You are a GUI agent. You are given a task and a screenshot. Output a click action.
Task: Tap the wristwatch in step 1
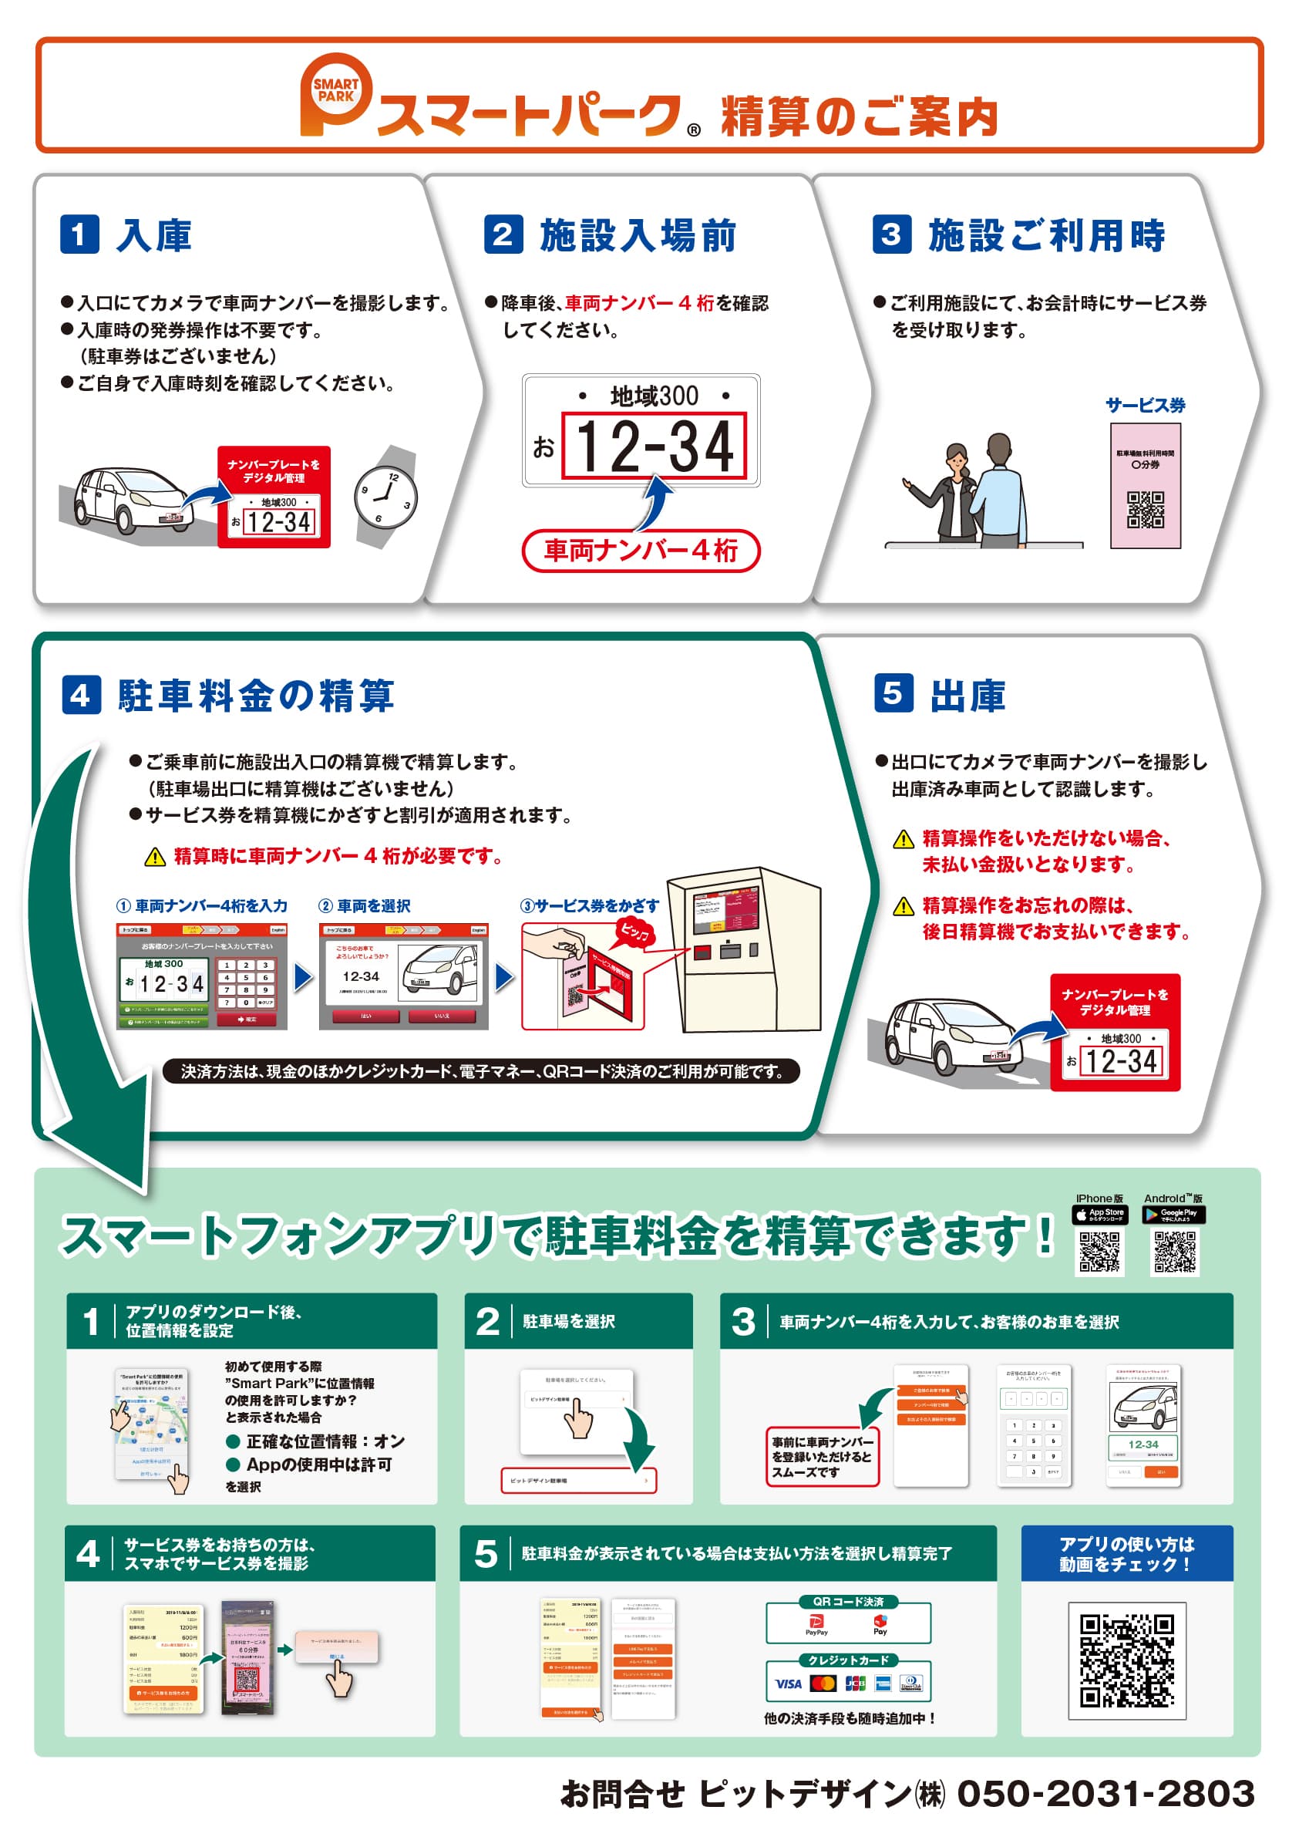[x=386, y=496]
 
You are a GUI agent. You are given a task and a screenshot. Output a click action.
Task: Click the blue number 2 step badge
[x=503, y=234]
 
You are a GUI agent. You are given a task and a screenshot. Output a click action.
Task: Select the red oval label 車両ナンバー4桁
[x=640, y=551]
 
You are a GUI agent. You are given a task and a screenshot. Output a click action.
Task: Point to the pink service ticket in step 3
[x=1145, y=485]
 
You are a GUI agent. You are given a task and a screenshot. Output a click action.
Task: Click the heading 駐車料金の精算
[x=256, y=695]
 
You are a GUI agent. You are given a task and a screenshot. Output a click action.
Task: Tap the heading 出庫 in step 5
[x=967, y=695]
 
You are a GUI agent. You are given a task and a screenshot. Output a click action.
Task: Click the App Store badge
[x=1100, y=1214]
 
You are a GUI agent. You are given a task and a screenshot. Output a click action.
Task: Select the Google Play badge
[x=1173, y=1214]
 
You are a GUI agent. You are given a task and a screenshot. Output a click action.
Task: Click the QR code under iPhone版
[x=1100, y=1252]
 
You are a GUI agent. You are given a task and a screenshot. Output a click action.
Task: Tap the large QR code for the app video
[x=1127, y=1660]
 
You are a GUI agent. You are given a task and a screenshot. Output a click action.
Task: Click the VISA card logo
[x=788, y=1684]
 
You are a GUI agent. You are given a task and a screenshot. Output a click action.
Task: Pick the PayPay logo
[x=816, y=1624]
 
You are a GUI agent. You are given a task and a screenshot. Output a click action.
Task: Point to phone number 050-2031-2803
[x=1105, y=1794]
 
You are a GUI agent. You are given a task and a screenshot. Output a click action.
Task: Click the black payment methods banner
[x=481, y=1071]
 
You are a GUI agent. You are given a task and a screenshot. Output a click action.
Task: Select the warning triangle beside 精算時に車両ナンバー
[x=154, y=857]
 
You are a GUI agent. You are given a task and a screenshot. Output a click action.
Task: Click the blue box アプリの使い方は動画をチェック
[x=1126, y=1554]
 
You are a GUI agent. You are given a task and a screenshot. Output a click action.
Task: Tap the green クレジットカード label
[x=848, y=1660]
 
